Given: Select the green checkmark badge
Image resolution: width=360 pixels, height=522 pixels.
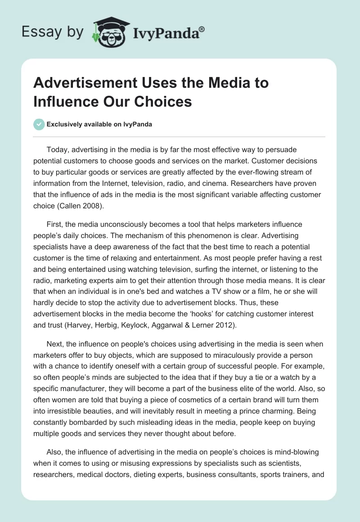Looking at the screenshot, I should click(x=39, y=124).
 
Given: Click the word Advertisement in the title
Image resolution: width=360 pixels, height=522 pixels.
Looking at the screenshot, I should click(x=85, y=83).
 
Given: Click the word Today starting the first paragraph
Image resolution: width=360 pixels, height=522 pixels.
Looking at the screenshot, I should click(x=57, y=149).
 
